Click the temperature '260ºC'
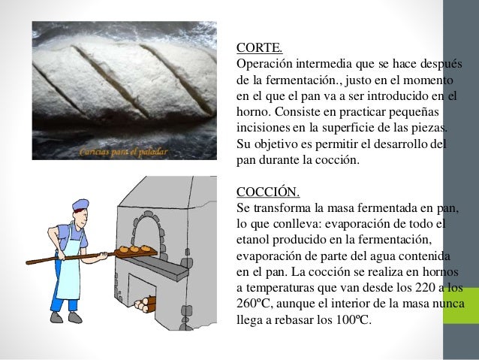pos(255,302)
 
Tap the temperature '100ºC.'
pos(360,318)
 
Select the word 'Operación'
pos(264,62)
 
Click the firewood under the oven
pos(147,303)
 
